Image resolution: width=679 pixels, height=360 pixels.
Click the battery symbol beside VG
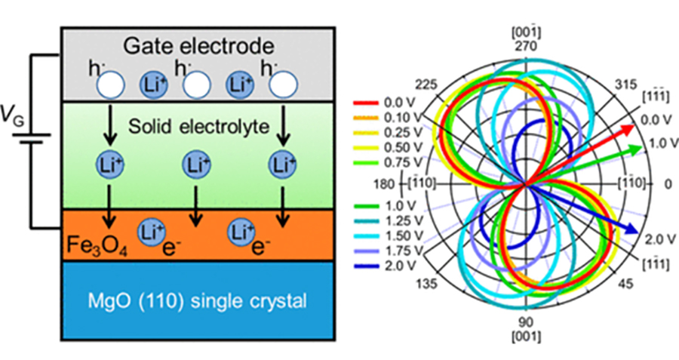pyautogui.click(x=29, y=140)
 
